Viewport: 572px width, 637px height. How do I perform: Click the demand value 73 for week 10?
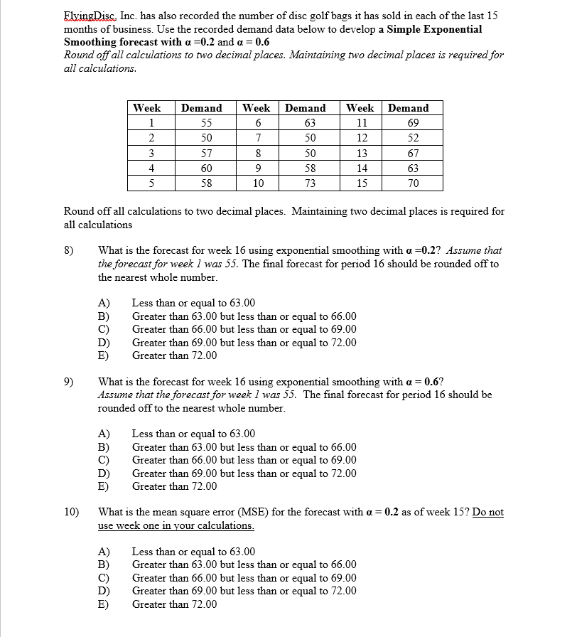click(x=306, y=183)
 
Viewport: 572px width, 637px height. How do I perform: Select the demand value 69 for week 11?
click(x=408, y=123)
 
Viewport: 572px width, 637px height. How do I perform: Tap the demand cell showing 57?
click(x=202, y=154)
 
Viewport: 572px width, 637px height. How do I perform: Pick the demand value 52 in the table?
click(x=408, y=138)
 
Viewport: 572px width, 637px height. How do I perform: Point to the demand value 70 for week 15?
click(x=408, y=183)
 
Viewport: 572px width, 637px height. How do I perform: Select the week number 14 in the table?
click(x=361, y=168)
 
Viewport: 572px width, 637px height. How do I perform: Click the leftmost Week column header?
click(x=147, y=108)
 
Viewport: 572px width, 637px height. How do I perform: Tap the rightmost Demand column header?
click(x=408, y=108)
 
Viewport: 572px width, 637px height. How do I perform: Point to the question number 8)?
click(x=70, y=250)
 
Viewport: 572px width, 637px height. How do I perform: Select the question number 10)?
click(x=72, y=512)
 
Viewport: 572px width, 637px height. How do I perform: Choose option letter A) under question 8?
click(x=104, y=304)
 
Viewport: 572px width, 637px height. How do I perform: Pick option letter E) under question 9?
click(x=104, y=487)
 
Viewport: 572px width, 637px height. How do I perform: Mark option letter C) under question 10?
click(x=104, y=578)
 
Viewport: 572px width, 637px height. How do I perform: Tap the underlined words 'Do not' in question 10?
click(x=487, y=512)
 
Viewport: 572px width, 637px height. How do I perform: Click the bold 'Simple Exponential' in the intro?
click(x=434, y=29)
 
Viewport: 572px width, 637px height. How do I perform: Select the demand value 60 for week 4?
click(x=202, y=168)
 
